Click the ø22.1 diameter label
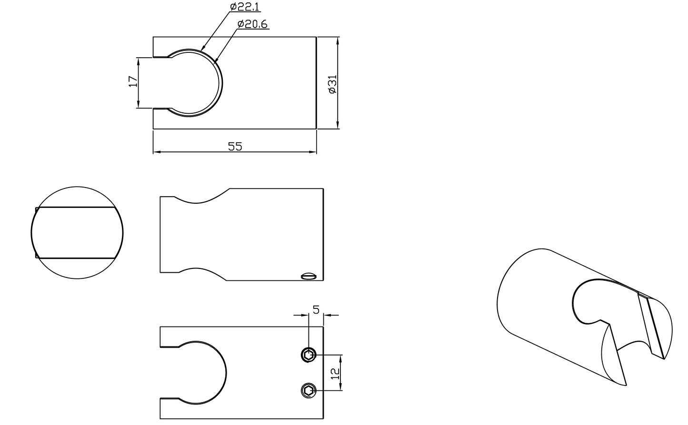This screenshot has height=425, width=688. tap(244, 7)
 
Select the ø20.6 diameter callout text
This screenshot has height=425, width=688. tap(252, 24)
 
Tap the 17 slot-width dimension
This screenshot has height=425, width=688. tap(133, 81)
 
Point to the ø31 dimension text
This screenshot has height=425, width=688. tap(332, 84)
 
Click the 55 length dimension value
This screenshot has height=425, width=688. tap(235, 147)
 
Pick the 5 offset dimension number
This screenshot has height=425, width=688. tap(316, 310)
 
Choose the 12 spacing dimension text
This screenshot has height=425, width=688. tap(336, 374)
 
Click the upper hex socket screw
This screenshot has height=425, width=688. tap(308, 356)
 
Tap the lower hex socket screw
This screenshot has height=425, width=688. tap(308, 391)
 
